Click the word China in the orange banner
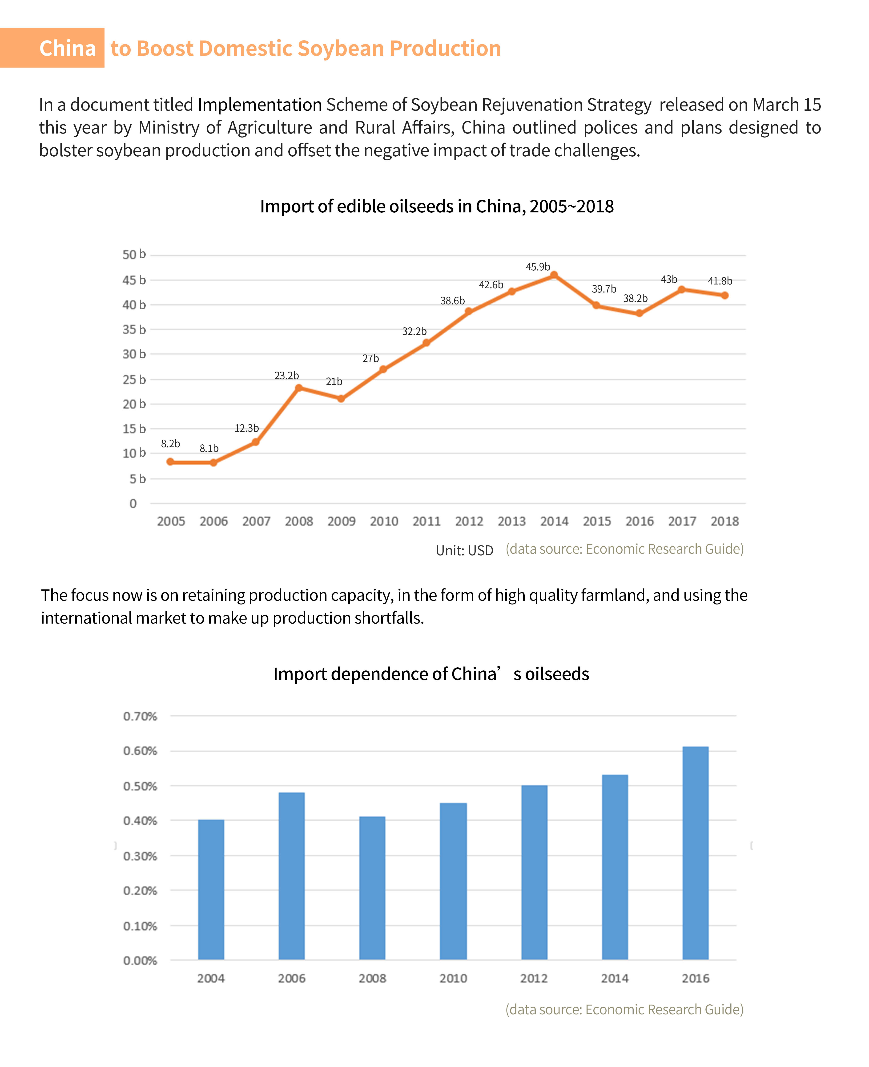[68, 49]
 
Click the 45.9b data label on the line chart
[538, 267]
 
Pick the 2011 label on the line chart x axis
[426, 521]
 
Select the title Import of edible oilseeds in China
[437, 206]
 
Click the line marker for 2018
[724, 295]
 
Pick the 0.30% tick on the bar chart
[140, 856]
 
